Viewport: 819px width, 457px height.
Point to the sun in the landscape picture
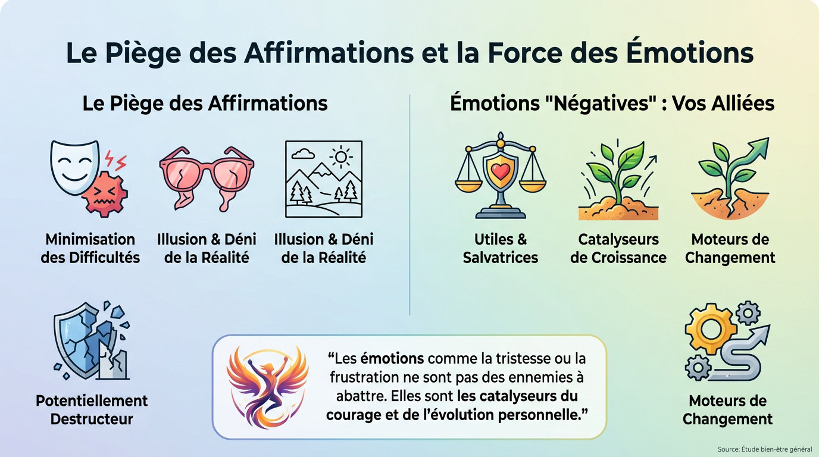[x=341, y=156]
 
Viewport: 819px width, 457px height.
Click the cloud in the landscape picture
[x=304, y=154]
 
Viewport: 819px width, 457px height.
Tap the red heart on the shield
[x=500, y=171]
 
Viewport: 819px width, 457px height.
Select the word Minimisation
[x=90, y=240]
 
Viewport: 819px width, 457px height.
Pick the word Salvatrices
[x=500, y=258]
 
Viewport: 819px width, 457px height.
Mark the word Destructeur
[x=92, y=419]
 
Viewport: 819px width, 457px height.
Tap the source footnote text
[x=764, y=449]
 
